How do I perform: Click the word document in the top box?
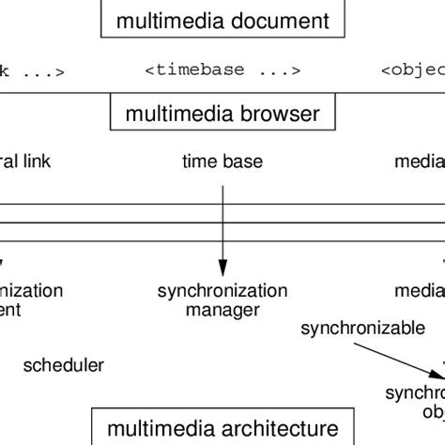283,19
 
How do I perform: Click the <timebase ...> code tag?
222,69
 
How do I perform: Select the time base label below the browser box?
222,161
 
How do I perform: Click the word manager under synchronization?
222,309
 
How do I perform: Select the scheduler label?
63,365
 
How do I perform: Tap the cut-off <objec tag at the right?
413,69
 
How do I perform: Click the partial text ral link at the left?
25,161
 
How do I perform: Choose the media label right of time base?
419,161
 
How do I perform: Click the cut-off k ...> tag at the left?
32,69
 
